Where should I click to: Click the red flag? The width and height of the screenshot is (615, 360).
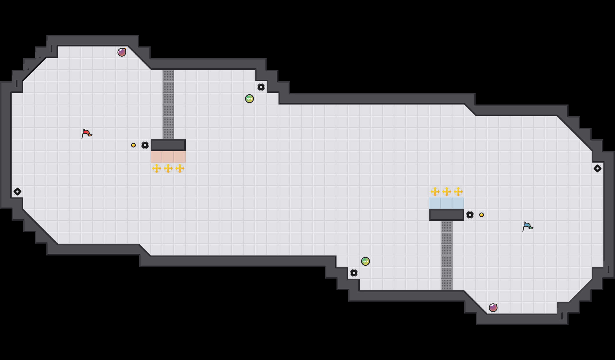(86, 134)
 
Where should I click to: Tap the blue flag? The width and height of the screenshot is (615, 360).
(527, 227)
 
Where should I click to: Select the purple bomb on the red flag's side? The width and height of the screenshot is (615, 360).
(122, 52)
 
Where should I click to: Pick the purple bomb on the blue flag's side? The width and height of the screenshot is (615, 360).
(493, 308)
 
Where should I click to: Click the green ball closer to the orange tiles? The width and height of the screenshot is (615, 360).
(249, 99)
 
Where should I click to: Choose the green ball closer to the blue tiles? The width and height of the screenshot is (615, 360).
(366, 261)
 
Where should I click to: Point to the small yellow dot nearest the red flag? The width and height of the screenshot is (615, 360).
(133, 145)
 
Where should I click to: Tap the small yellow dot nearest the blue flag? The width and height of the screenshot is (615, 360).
(482, 215)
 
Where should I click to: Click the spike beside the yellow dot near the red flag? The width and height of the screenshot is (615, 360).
(145, 145)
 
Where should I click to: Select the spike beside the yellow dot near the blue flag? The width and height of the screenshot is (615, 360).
(470, 215)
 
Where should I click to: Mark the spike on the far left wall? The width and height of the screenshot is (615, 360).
(17, 192)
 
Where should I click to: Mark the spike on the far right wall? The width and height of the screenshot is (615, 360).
(598, 168)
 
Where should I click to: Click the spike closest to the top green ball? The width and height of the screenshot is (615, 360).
(261, 87)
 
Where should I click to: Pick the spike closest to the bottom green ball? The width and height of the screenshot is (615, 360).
(354, 273)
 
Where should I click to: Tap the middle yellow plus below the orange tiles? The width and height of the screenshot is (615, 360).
(168, 168)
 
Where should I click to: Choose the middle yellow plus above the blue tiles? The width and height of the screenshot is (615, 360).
(447, 192)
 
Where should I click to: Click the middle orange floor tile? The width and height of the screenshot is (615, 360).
(168, 157)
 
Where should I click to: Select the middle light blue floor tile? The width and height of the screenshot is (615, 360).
(447, 203)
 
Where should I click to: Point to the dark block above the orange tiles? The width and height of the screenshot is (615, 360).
(168, 145)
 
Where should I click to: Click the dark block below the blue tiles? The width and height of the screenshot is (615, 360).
(447, 215)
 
